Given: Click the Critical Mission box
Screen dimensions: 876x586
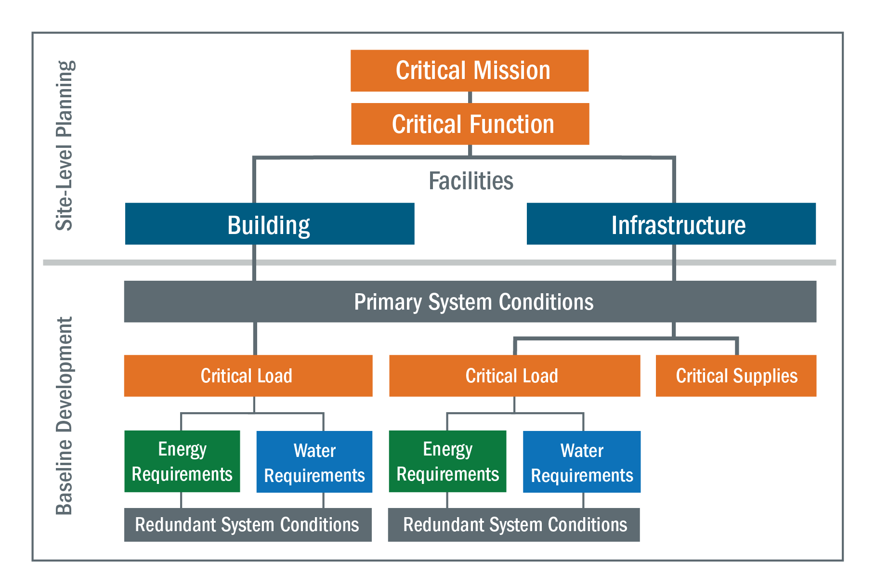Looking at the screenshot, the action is point(470,71).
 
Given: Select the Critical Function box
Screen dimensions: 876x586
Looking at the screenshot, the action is point(470,124).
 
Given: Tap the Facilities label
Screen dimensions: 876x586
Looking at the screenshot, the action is point(471,181).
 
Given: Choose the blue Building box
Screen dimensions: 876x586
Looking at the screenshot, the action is point(270,223).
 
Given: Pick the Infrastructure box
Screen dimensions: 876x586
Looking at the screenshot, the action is point(671,223).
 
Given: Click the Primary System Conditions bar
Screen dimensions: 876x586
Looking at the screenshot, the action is point(470,301).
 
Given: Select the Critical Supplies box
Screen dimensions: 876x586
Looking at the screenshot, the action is point(736,376).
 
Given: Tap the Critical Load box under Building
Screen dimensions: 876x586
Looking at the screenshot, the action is point(248,376).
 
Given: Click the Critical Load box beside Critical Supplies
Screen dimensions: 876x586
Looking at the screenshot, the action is point(515,376).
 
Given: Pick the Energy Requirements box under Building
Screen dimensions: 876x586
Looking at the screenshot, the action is point(182,461).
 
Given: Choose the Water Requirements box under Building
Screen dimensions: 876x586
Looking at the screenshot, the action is point(314,461).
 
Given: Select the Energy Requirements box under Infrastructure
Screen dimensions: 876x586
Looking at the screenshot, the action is point(447,461).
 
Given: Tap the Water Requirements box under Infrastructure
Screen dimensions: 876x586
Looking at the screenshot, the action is point(582,461).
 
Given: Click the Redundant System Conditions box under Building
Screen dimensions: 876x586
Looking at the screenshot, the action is point(248,525).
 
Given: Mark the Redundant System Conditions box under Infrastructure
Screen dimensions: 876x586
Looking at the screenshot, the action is point(514,525).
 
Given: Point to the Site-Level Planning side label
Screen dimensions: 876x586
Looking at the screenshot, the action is point(65,145).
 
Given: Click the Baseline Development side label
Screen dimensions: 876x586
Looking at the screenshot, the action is point(64,416).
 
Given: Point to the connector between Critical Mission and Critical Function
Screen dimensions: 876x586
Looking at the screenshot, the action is point(470,97).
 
